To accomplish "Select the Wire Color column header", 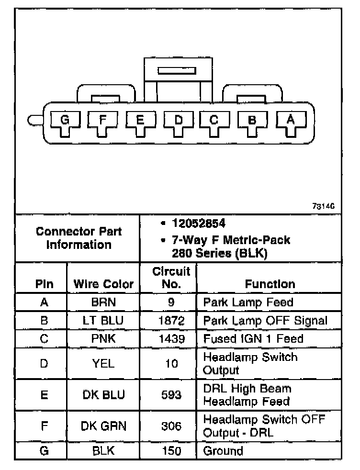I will pos(103,284).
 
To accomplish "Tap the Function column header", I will pos(270,284).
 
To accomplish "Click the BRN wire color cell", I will pos(103,302).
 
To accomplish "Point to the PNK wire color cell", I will pos(103,338).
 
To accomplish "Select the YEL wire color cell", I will pos(103,364).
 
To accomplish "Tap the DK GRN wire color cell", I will pos(103,426).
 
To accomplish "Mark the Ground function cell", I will pos(223,451).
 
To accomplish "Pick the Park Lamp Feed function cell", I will pos(248,302).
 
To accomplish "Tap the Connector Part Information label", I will pos(79,238).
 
